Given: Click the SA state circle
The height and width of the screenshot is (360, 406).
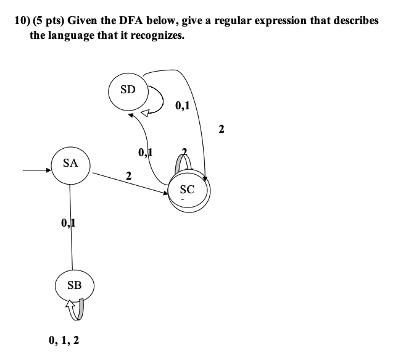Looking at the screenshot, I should click(x=70, y=164).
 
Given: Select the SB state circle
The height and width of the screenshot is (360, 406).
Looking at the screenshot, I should click(x=74, y=285).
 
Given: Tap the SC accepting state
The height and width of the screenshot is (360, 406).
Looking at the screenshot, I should click(x=188, y=190).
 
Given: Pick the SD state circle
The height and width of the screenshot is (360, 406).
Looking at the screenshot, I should click(x=128, y=90).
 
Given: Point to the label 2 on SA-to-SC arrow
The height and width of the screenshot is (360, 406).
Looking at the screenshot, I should click(x=128, y=177).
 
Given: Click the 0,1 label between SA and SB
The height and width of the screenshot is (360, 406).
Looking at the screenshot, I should click(x=68, y=222).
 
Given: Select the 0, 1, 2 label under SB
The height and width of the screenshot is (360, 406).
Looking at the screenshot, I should click(x=64, y=340).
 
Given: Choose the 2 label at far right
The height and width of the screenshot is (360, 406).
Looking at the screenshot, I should click(x=222, y=129).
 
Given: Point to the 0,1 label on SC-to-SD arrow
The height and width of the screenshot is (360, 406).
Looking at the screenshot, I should click(x=146, y=152).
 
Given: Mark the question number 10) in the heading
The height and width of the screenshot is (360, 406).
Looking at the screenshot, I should click(x=22, y=20).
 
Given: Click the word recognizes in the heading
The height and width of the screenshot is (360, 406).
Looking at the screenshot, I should click(x=157, y=35).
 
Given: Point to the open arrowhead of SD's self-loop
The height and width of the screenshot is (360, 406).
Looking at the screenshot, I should click(x=145, y=112).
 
